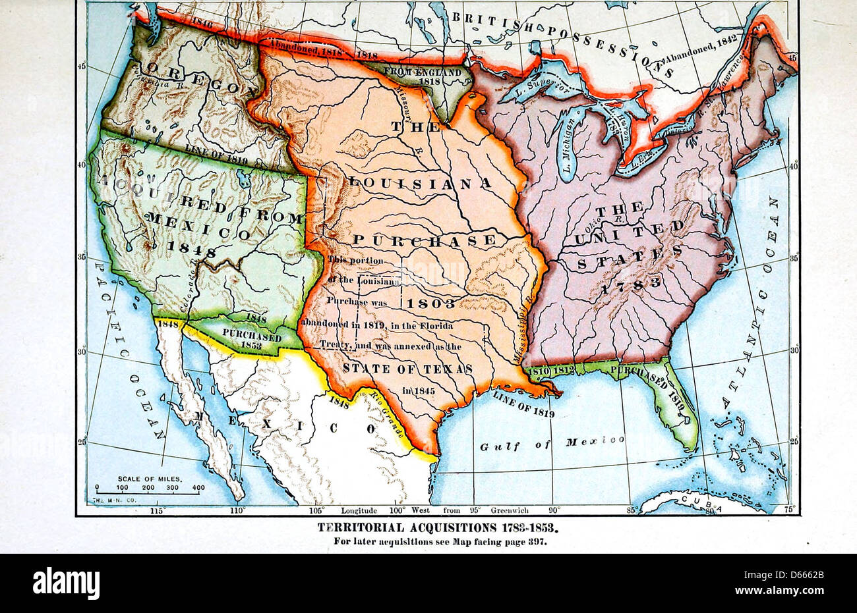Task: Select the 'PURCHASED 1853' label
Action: pyautogui.click(x=251, y=338)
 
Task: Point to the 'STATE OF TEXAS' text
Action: pyautogui.click(x=407, y=369)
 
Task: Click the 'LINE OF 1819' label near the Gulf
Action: pyautogui.click(x=523, y=404)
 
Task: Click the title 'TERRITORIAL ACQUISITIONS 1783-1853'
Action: pyautogui.click(x=441, y=527)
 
